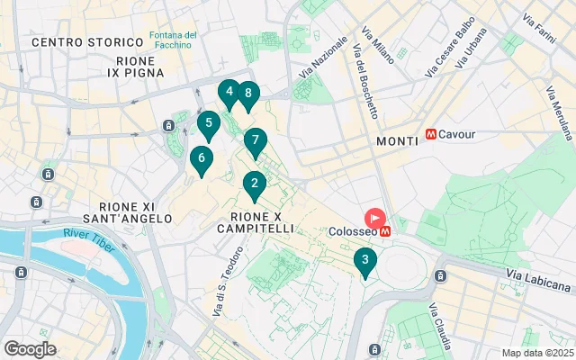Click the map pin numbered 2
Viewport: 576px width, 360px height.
[x=255, y=185]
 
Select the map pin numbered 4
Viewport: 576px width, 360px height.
[x=229, y=92]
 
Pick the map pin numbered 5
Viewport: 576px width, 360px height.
[x=209, y=124]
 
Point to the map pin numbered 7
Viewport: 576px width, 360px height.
[x=256, y=141]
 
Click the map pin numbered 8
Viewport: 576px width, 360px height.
[x=247, y=94]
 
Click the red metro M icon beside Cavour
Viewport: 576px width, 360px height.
[x=432, y=134]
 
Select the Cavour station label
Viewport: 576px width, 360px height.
[x=457, y=134]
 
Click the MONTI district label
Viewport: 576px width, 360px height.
[x=397, y=141]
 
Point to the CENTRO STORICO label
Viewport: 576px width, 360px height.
[x=87, y=42]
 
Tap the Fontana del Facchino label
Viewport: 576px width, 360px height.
[x=174, y=40]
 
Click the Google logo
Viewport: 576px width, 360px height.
[x=30, y=349]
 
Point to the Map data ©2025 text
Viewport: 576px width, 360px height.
[x=536, y=353]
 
